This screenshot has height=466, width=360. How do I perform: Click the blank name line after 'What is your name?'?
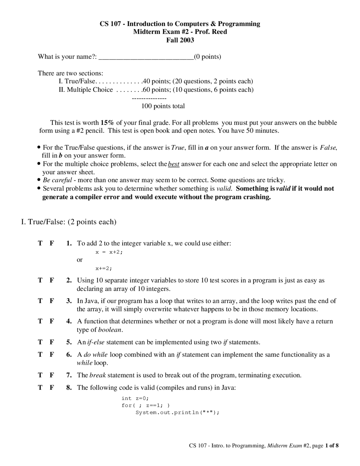pos(146,57)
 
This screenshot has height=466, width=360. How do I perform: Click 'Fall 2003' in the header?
pos(180,40)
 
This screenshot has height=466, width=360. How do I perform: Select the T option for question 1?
pos(40,243)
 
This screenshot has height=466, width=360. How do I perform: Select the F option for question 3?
pos(52,301)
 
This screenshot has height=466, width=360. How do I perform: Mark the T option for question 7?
pos(40,375)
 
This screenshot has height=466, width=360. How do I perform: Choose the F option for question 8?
pos(52,387)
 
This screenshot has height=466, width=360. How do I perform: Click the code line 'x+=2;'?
pos(103,268)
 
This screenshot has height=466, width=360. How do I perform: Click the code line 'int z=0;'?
pos(135,398)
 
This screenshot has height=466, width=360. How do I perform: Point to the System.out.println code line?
pos(177,413)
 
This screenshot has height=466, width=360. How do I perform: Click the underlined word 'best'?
pos(174,164)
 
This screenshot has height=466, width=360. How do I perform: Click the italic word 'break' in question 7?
pos(97,375)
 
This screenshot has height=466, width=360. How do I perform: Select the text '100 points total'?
pos(163,106)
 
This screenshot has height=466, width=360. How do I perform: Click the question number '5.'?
pos(69,342)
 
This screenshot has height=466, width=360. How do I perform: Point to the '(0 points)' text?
pos(208,57)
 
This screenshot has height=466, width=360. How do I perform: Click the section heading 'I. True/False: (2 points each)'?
pos(69,222)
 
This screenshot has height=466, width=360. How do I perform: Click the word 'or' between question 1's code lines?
pos(80,260)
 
